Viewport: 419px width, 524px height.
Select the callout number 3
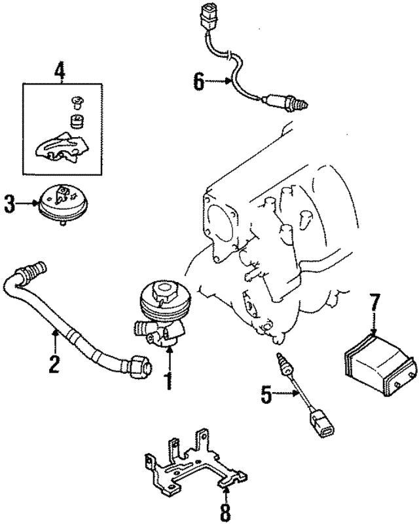click(9, 204)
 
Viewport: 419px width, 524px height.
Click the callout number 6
click(199, 82)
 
